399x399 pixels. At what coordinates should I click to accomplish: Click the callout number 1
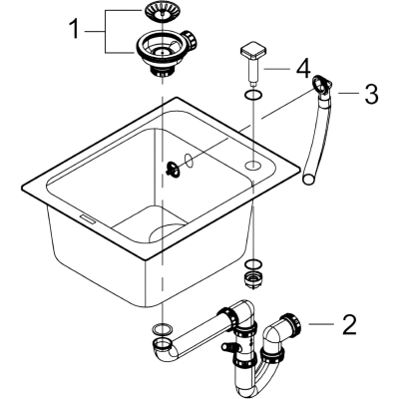[75, 29]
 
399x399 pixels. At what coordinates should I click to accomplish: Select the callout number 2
[349, 324]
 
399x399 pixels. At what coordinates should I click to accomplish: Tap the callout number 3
[371, 94]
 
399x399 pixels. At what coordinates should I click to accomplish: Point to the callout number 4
[303, 69]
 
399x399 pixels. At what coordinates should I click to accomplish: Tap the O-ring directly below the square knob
[252, 96]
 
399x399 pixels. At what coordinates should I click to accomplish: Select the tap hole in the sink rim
[253, 165]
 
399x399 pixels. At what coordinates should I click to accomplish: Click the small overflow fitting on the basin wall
[173, 167]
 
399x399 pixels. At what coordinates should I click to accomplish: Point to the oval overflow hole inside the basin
[189, 161]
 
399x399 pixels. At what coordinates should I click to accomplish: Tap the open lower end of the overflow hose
[309, 179]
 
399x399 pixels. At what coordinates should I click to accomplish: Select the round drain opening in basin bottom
[167, 231]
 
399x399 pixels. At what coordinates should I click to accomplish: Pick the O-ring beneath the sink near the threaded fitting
[253, 264]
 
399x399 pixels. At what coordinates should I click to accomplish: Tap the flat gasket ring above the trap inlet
[163, 329]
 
